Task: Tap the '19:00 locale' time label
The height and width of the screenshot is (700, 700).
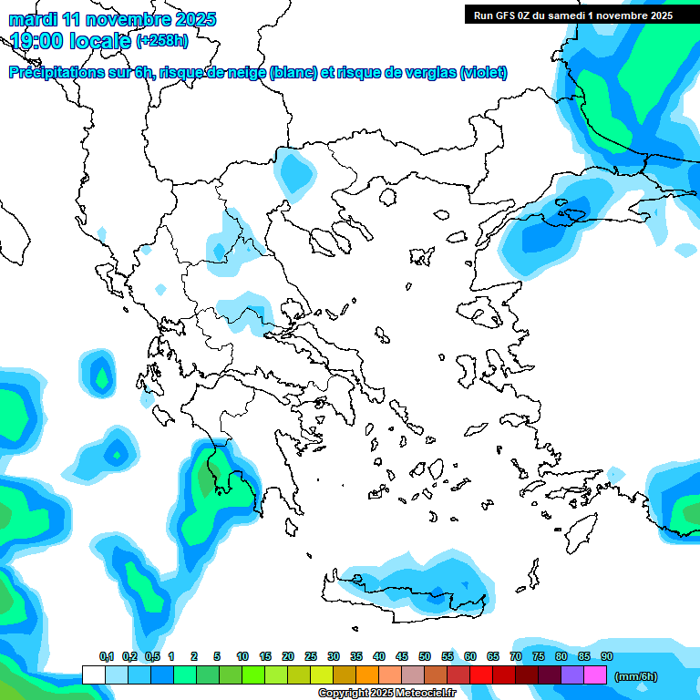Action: tap(71, 40)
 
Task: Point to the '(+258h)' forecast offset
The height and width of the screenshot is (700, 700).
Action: tap(162, 40)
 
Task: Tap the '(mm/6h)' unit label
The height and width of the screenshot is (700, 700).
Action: tap(636, 676)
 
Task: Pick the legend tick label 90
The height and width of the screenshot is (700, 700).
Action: tap(607, 656)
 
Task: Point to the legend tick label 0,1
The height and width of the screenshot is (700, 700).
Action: tap(106, 656)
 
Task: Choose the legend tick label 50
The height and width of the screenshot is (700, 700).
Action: tap(425, 656)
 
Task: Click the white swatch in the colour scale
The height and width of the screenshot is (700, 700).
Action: tap(93, 675)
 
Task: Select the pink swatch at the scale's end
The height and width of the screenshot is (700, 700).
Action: tap(595, 675)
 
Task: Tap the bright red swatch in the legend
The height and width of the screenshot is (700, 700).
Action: tap(481, 675)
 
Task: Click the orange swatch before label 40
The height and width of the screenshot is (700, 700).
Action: tap(367, 675)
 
